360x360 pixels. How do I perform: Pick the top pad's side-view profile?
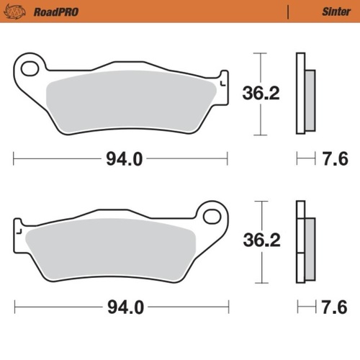(305, 94)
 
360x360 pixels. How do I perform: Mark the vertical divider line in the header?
(288, 12)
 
